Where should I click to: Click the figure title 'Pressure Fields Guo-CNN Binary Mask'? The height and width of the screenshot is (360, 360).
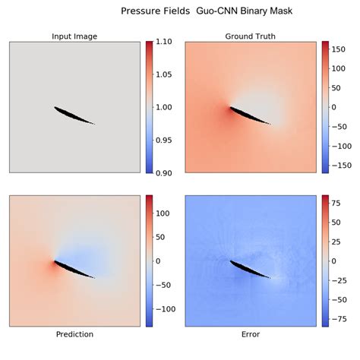(206, 11)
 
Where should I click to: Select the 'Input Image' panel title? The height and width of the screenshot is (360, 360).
(74, 36)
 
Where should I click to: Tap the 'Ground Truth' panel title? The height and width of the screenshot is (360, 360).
(251, 36)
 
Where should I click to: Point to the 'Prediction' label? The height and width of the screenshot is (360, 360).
(74, 333)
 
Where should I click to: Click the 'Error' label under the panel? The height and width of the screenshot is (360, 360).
(251, 333)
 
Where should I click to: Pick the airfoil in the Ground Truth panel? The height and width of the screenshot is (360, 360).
(250, 115)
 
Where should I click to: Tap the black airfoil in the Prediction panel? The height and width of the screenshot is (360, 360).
(74, 270)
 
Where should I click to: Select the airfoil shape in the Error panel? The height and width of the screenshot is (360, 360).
(250, 270)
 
